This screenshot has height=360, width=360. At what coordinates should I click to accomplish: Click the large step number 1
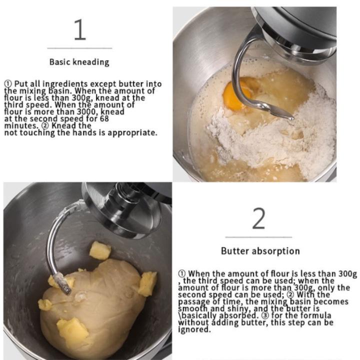click(x=80, y=29)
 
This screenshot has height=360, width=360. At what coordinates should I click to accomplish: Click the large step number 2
click(x=259, y=218)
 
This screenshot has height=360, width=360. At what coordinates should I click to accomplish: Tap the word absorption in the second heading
click(x=275, y=251)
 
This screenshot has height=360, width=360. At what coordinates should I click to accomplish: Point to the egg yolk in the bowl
click(x=236, y=94)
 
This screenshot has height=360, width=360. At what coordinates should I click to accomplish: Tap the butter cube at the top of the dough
click(x=100, y=250)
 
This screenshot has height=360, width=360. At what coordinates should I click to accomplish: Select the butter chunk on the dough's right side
click(x=147, y=284)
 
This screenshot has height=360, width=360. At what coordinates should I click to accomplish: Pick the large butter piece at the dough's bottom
click(x=72, y=329)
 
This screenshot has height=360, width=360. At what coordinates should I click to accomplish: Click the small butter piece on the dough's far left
click(x=44, y=304)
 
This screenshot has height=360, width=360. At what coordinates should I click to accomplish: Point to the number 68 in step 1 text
click(x=104, y=118)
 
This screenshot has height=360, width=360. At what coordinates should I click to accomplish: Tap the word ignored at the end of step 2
click(x=194, y=329)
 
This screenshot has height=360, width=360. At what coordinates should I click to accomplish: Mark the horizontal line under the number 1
click(x=79, y=48)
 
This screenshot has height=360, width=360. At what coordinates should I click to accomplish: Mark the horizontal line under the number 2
click(x=259, y=237)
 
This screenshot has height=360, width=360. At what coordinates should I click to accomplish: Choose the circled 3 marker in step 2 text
click(x=265, y=315)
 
